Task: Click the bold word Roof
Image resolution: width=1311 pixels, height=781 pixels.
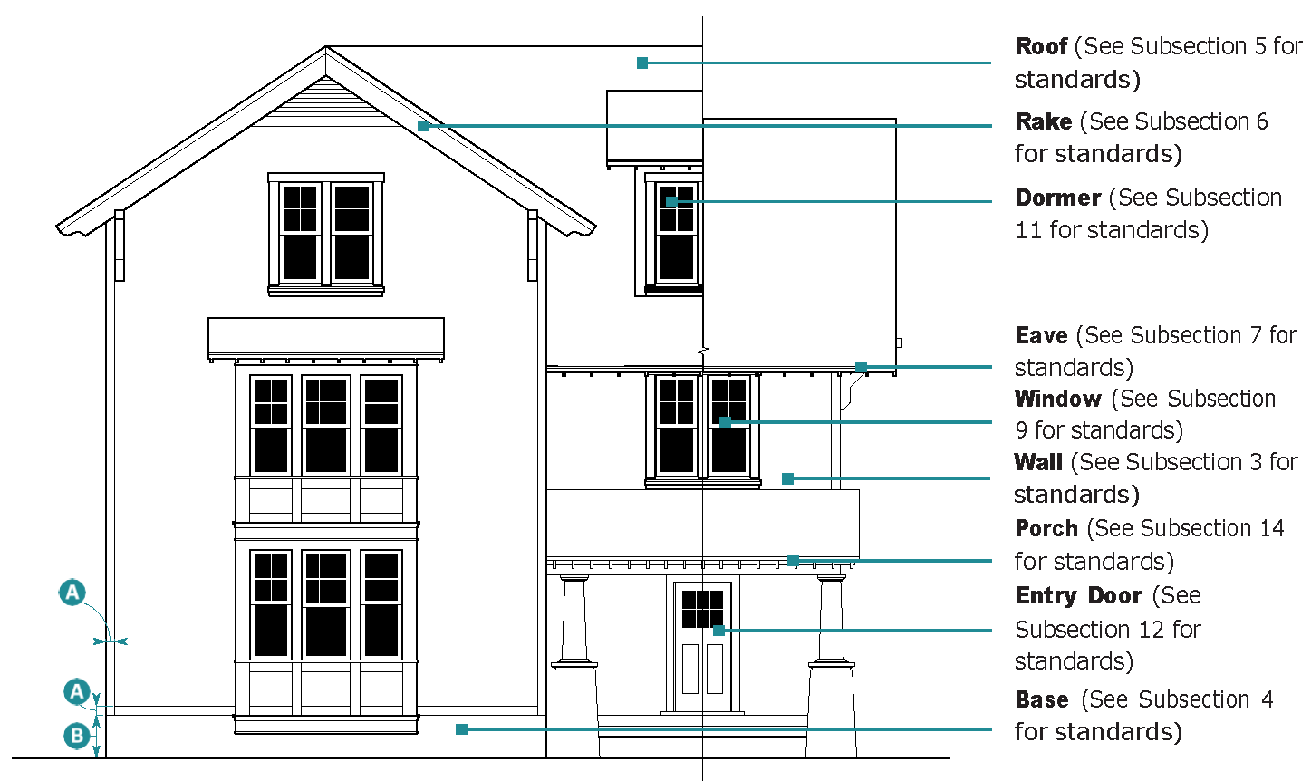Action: click(x=1041, y=46)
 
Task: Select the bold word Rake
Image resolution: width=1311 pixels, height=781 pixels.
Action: click(x=1044, y=121)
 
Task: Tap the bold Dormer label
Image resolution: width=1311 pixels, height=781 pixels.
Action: click(x=1057, y=198)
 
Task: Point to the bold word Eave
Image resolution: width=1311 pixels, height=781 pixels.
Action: click(x=1041, y=336)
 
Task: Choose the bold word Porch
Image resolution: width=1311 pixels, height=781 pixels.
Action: click(x=1046, y=528)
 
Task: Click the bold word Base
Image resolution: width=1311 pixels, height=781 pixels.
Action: click(x=1042, y=699)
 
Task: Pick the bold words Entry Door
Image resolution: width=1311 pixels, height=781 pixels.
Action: click(x=1078, y=595)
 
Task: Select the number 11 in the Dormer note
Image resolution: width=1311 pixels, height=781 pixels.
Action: click(x=1028, y=230)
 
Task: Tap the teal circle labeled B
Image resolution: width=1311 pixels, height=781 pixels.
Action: click(x=76, y=735)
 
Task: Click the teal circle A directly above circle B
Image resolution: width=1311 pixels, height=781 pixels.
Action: click(x=76, y=692)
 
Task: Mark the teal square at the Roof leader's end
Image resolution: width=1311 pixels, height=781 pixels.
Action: click(x=642, y=63)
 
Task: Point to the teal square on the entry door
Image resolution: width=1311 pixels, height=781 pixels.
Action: click(x=718, y=630)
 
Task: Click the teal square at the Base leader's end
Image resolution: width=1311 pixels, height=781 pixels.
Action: click(x=461, y=728)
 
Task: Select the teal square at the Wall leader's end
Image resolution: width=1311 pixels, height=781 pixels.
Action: click(x=787, y=478)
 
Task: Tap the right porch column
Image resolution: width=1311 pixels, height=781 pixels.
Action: click(x=831, y=622)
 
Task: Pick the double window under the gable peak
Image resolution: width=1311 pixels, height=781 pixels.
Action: click(x=325, y=233)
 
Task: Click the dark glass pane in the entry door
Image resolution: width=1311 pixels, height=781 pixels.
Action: click(x=702, y=609)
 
